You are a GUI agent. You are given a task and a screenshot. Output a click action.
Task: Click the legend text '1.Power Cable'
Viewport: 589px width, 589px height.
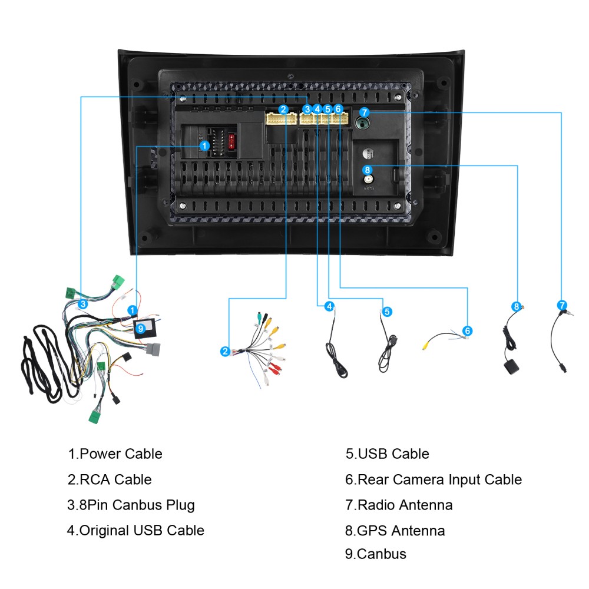(115, 454)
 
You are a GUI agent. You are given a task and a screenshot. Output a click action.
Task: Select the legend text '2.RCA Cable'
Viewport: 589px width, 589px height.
(110, 479)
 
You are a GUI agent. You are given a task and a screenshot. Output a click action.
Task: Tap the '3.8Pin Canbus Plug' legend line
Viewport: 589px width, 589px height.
(131, 505)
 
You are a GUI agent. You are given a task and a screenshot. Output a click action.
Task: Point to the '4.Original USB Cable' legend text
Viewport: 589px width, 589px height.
(135, 531)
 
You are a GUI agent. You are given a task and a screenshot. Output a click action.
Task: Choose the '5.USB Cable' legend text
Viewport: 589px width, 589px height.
(388, 454)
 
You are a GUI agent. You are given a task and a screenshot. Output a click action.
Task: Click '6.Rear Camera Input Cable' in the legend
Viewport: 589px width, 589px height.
(434, 479)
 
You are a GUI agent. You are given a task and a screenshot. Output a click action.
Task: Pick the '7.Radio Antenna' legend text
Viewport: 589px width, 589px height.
(399, 505)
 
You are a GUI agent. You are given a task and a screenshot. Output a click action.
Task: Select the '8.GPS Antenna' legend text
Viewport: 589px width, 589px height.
(395, 531)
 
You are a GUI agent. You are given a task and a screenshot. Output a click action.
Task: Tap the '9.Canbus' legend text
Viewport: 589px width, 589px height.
(376, 554)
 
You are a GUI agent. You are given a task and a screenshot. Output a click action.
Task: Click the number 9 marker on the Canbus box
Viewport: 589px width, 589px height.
(141, 329)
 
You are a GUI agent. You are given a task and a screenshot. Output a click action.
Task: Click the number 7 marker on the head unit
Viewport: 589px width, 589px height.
(364, 112)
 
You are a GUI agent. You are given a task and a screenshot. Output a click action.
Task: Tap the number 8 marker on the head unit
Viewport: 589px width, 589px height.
(368, 170)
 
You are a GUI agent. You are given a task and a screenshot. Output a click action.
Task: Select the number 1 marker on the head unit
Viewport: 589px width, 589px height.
(204, 145)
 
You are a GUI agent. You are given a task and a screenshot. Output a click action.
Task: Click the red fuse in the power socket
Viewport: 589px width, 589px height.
(231, 141)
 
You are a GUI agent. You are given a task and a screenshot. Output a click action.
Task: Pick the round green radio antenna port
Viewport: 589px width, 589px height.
(362, 123)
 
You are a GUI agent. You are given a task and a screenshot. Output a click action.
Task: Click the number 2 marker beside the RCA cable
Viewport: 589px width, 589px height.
(225, 351)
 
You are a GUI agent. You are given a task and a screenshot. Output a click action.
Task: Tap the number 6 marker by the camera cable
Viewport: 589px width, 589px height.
(467, 331)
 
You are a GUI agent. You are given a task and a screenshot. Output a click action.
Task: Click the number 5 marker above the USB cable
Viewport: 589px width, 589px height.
(387, 312)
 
